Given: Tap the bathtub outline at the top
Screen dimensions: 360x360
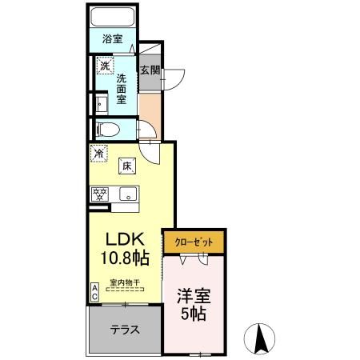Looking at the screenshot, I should coord(111,17).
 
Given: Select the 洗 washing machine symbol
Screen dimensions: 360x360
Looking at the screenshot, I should coord(102,66).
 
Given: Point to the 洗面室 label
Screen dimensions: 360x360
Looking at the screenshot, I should coord(122,90).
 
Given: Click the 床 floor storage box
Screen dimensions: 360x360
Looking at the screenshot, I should coord(126,166).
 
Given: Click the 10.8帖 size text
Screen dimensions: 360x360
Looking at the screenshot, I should coord(122,258).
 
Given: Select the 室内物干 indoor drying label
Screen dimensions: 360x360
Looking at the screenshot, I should coord(124,282).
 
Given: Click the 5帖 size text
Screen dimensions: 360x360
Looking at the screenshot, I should coord(193,314).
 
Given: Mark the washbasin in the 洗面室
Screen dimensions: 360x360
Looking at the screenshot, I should coord(100,103).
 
